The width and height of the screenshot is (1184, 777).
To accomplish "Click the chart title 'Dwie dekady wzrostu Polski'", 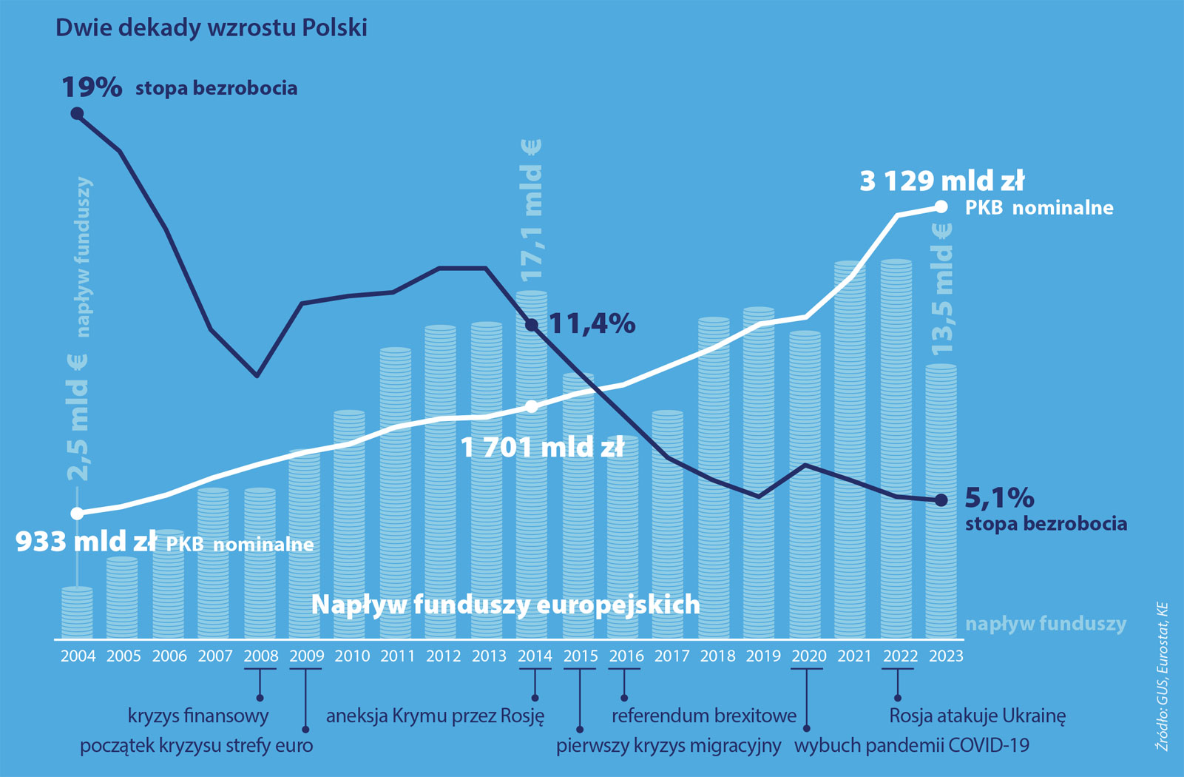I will [x=212, y=28].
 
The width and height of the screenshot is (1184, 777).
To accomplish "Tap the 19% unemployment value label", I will [x=92, y=87].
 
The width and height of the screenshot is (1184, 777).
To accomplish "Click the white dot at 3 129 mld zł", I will [x=941, y=207].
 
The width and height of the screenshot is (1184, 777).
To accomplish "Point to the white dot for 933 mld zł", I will [x=77, y=514].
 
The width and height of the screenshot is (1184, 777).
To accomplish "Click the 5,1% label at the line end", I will [x=999, y=498].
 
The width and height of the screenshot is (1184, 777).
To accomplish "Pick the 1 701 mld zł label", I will [x=542, y=448].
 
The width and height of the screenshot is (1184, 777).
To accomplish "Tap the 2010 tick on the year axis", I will [x=352, y=656].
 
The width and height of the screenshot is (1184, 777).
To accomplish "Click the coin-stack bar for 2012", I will [x=441, y=481].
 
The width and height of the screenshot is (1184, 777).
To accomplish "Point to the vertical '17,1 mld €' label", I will [x=532, y=211].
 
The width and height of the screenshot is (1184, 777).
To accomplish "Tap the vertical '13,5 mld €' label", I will [x=941, y=289].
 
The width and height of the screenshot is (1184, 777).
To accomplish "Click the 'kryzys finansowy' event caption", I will [x=198, y=716].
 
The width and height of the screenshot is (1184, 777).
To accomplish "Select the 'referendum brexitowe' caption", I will [x=704, y=716].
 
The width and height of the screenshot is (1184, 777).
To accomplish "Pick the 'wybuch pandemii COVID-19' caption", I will [x=912, y=745].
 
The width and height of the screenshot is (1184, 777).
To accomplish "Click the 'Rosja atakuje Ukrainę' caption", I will [x=977, y=716].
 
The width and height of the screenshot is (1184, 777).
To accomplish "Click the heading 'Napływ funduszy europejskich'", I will [x=505, y=605].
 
